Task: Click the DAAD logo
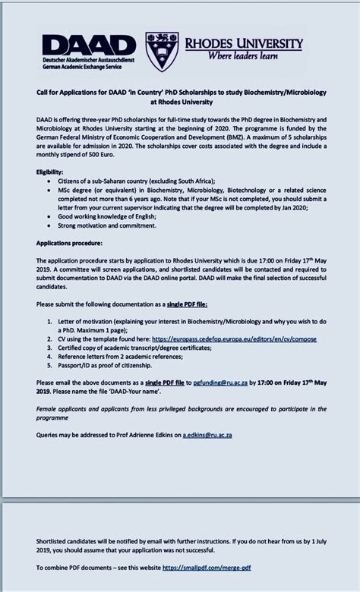pos(89,46)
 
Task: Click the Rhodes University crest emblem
pos(162,52)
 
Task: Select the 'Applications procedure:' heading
pos(68,243)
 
